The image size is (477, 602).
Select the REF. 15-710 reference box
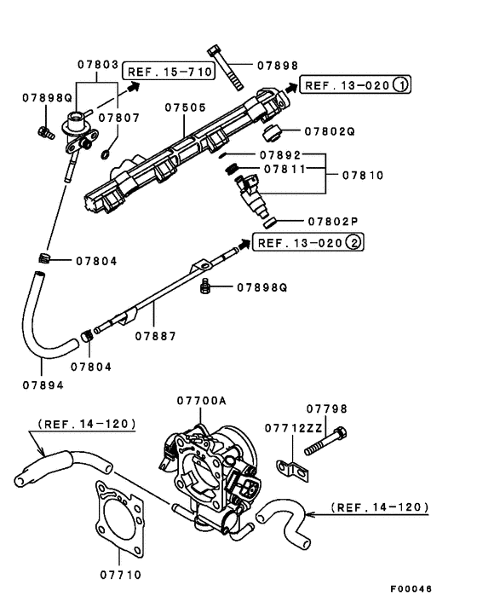coord(169,72)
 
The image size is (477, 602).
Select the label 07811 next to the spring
coord(285,170)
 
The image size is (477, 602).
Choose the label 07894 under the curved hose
coord(43,384)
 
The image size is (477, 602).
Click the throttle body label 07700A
coord(202,400)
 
